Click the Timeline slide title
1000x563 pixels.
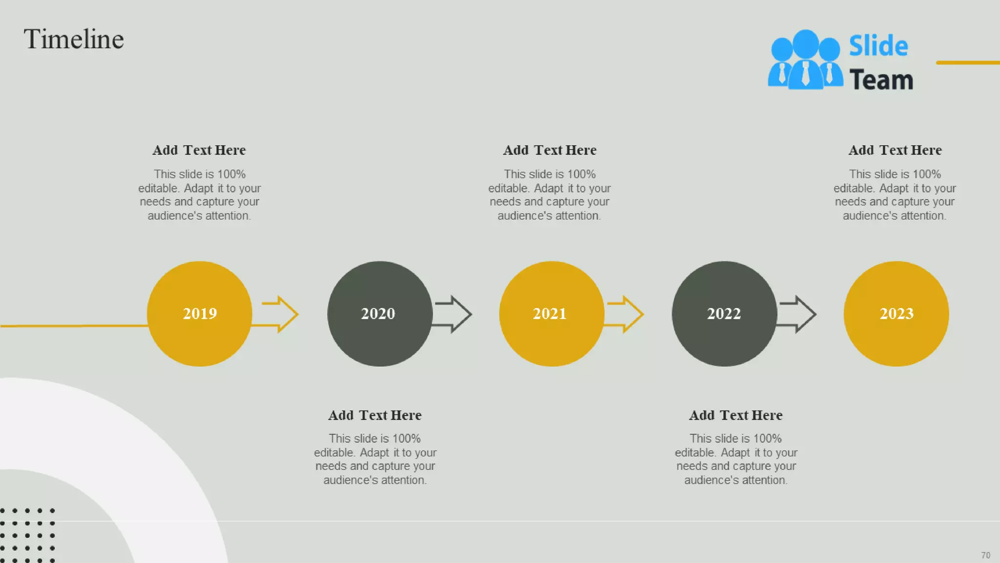click(x=74, y=39)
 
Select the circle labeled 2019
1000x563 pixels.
click(x=200, y=314)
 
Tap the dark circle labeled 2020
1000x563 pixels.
click(x=379, y=314)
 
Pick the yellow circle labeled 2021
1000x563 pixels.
click(x=551, y=314)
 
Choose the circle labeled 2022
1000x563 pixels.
click(x=724, y=314)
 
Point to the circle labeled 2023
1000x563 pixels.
click(x=896, y=314)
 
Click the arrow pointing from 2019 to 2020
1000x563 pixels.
click(x=280, y=314)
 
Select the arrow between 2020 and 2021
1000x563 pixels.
click(x=453, y=314)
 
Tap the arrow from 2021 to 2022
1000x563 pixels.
click(x=625, y=314)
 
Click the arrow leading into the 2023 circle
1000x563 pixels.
click(x=797, y=314)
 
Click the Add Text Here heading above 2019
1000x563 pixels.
click(x=199, y=150)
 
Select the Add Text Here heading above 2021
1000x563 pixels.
click(x=550, y=150)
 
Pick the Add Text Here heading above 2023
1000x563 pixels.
click(x=895, y=150)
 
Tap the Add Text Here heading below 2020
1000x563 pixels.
click(x=375, y=415)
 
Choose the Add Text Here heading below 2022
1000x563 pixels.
click(x=736, y=415)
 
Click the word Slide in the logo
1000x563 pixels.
click(x=878, y=46)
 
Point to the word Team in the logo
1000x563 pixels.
click(x=881, y=80)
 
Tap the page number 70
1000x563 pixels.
click(x=985, y=555)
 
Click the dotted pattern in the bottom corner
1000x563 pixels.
click(x=27, y=535)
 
